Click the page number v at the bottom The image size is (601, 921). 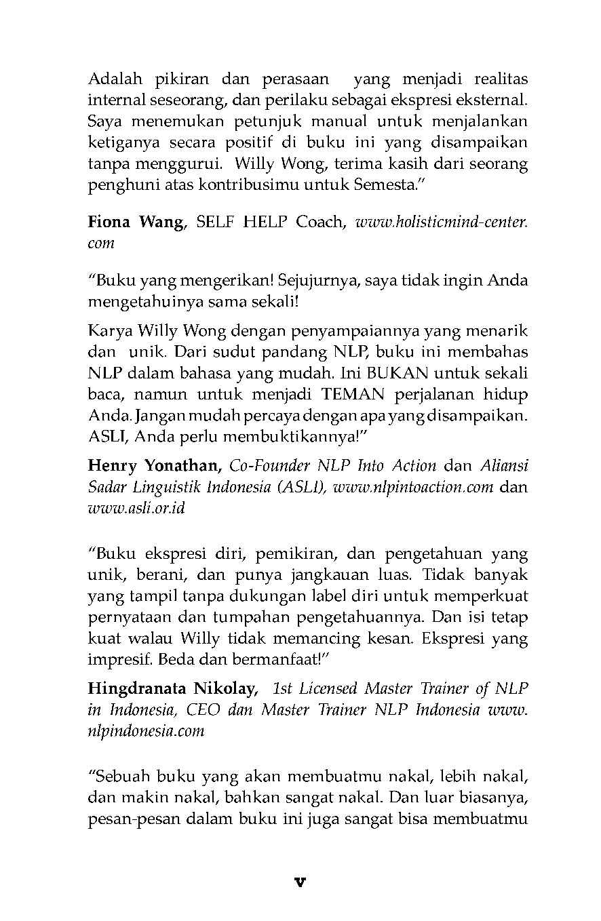pyautogui.click(x=300, y=882)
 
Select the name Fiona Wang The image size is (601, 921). pyautogui.click(x=136, y=222)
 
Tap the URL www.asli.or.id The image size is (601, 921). pyautogui.click(x=136, y=508)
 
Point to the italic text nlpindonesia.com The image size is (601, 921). pyautogui.click(x=146, y=731)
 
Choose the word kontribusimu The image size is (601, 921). pyautogui.click(x=234, y=184)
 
